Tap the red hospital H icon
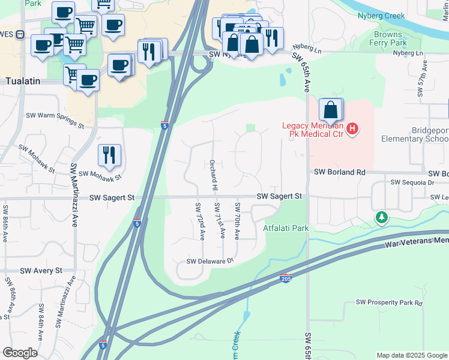point(353,128)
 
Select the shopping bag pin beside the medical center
point(330,110)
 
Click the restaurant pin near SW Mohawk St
point(109,155)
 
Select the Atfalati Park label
point(286,228)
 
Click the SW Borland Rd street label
point(339,172)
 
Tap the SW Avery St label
point(41,271)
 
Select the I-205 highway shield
point(286,278)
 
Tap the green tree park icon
point(381,217)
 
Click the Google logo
point(20,353)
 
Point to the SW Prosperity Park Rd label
point(389,303)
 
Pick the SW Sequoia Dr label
point(412,182)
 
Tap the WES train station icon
point(20,34)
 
